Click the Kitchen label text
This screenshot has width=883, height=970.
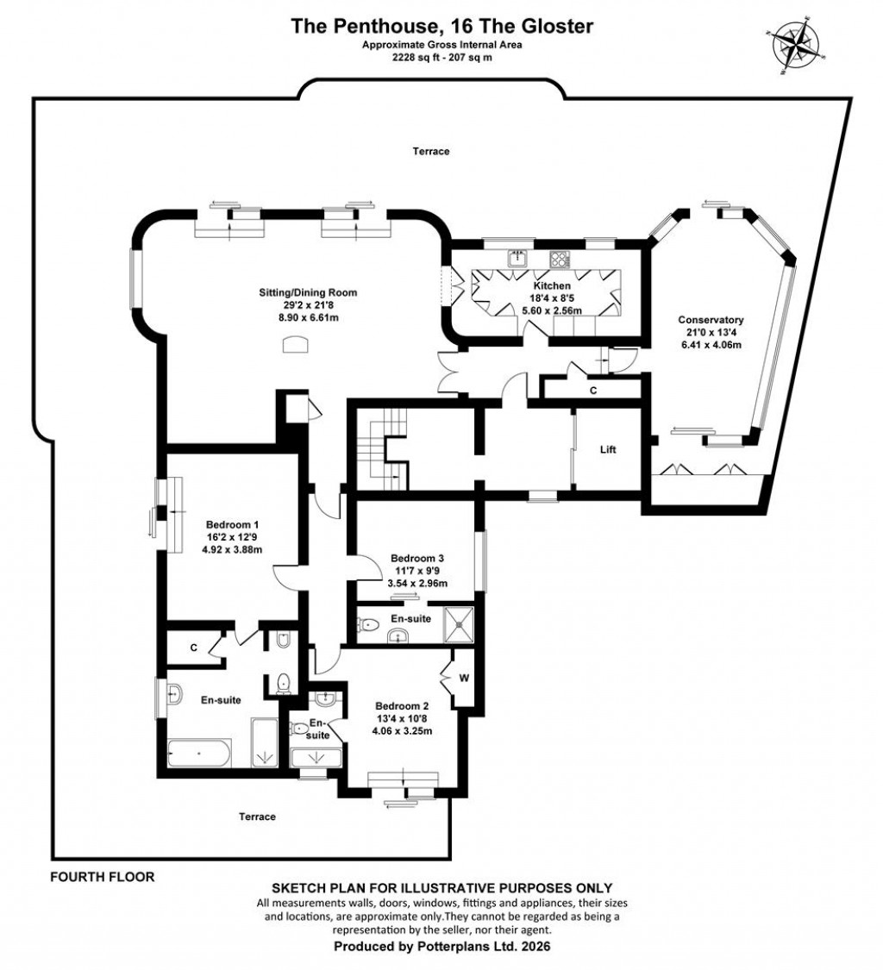click(552, 285)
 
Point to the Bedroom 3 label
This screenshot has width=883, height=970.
click(417, 557)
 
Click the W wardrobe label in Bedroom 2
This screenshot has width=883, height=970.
click(464, 678)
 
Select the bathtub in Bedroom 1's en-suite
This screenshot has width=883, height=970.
click(199, 753)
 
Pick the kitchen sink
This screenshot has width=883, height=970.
click(517, 257)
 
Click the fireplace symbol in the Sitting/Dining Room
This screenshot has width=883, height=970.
click(296, 344)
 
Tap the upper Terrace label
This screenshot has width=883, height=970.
click(430, 152)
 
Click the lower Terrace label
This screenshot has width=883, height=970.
click(258, 817)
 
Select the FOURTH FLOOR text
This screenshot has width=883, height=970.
click(102, 878)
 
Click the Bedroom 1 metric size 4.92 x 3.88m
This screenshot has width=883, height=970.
click(232, 549)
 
